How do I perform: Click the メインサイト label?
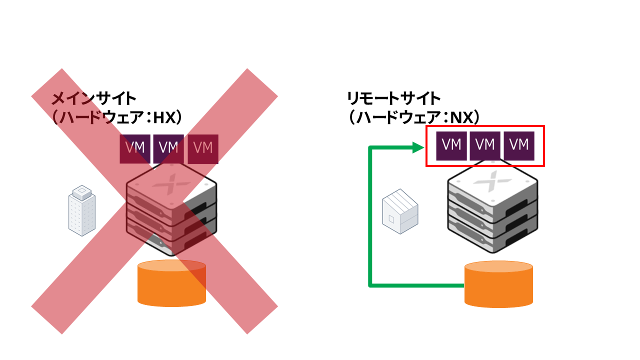coord(94,97)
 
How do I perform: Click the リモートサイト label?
coord(394,97)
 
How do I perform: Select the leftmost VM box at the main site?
coord(135,148)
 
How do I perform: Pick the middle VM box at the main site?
coord(168,148)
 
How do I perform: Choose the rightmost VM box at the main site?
coord(203,148)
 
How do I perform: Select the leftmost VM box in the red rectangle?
coord(451,145)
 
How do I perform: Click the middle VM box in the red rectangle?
coord(485,145)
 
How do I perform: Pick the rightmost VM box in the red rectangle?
coord(519,145)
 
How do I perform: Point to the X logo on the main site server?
coord(172,184)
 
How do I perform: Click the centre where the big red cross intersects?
coord(154,201)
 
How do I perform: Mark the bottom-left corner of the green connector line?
coord(370,285)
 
